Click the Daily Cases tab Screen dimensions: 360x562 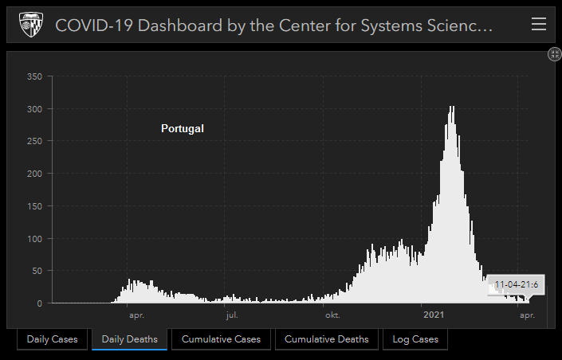click(x=52, y=339)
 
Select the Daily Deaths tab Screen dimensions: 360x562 click(x=129, y=339)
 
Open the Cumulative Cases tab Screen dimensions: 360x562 click(x=221, y=339)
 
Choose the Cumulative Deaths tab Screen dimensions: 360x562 click(x=326, y=339)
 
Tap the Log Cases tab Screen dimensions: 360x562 click(x=415, y=339)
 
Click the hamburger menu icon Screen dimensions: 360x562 click(x=539, y=25)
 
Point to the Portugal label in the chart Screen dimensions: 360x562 click(x=183, y=128)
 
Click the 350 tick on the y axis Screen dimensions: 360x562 click(x=34, y=76)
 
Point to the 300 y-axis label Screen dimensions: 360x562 click(x=34, y=109)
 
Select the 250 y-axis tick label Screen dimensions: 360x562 click(x=34, y=141)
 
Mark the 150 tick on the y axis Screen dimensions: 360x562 click(x=34, y=206)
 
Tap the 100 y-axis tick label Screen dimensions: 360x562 click(x=34, y=239)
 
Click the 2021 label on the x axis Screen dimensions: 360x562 click(x=434, y=315)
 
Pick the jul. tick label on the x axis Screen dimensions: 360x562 click(x=231, y=315)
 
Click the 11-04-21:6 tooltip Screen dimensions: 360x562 click(x=516, y=284)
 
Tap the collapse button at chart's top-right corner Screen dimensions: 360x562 click(x=555, y=54)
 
